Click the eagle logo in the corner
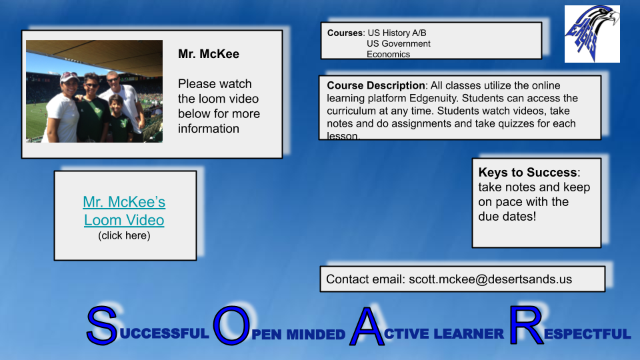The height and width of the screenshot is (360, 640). tap(592, 33)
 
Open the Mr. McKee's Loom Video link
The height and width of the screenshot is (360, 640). tap(124, 211)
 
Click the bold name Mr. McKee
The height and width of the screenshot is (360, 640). tap(209, 54)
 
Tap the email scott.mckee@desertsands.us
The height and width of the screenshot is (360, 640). tap(490, 279)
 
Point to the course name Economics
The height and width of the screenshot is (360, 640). tap(388, 55)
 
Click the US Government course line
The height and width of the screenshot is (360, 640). tap(398, 43)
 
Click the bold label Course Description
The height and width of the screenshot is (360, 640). tap(376, 86)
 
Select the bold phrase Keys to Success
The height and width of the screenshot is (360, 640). tap(528, 173)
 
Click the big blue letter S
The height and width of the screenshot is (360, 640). tap(102, 327)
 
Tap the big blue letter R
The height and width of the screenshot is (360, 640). tap(525, 325)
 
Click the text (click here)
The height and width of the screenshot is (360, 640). tap(124, 235)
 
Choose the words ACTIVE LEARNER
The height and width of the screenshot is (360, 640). tap(444, 333)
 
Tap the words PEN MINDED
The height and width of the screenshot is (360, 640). tap(299, 335)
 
